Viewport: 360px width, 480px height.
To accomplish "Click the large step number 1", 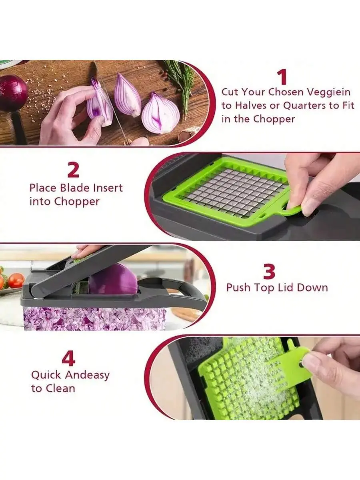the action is point(283,77).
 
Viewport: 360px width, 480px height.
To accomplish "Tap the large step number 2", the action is point(73,170).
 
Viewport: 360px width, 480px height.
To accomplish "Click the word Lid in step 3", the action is point(285,288).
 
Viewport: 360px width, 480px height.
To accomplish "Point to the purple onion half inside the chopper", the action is point(114,279).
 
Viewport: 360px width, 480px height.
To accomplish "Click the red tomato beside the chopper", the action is point(16,280).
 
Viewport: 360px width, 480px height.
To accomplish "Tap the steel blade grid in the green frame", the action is point(234,192).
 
